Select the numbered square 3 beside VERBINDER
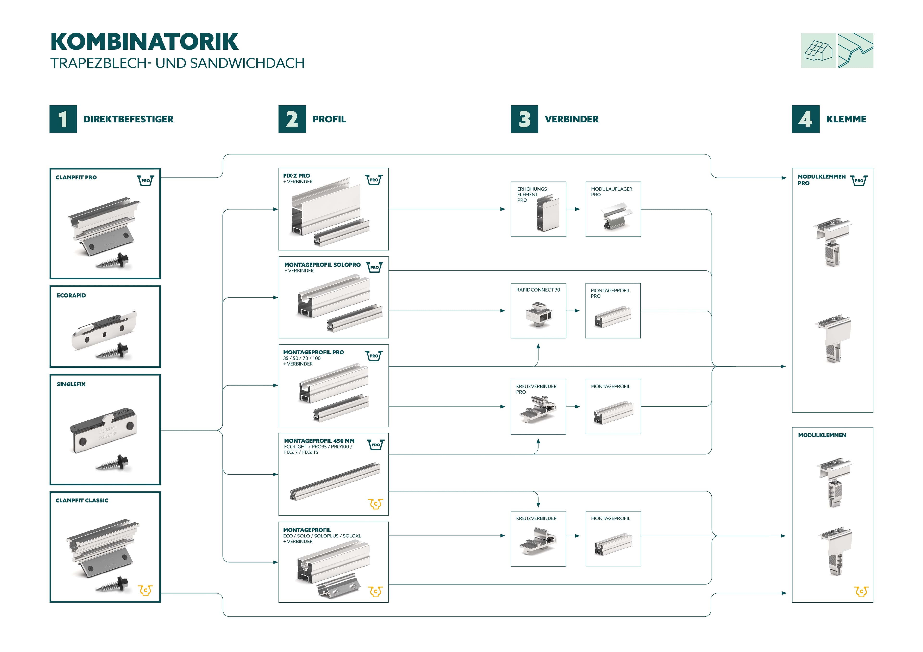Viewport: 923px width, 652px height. click(x=524, y=119)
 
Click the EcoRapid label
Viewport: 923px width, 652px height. click(x=71, y=295)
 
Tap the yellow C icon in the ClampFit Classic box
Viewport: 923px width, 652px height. click(x=145, y=590)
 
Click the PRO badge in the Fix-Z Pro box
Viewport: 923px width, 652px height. click(x=374, y=180)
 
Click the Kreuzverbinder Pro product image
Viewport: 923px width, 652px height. click(x=537, y=410)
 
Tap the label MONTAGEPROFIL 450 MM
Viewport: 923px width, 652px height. click(x=319, y=441)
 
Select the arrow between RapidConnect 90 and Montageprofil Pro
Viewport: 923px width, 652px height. click(x=576, y=311)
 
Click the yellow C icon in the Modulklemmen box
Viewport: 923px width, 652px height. click(x=861, y=591)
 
